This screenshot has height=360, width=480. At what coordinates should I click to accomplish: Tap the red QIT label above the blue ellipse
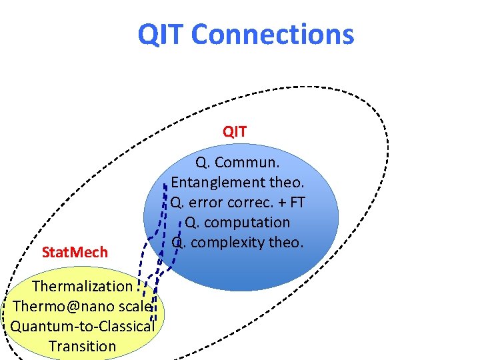click(x=235, y=132)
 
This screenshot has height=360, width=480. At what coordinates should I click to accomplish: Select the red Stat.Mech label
click(x=75, y=253)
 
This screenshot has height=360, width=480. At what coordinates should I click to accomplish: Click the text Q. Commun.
click(x=237, y=162)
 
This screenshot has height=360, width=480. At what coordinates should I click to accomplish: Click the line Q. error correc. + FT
click(x=238, y=202)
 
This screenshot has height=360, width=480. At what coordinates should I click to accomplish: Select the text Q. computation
click(x=238, y=222)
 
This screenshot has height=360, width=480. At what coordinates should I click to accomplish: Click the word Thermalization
click(x=83, y=286)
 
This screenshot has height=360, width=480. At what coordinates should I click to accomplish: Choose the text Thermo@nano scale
click(x=83, y=306)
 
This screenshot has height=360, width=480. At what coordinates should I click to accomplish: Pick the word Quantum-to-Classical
click(x=83, y=326)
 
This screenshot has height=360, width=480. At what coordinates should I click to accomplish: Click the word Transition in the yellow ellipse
click(x=83, y=346)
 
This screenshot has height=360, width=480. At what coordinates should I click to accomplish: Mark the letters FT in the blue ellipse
click(x=297, y=202)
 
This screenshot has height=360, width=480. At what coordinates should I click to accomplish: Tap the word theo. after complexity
click(x=286, y=243)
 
